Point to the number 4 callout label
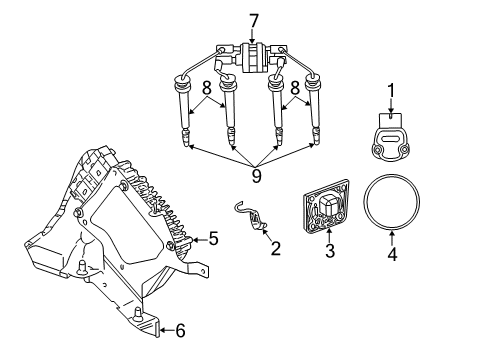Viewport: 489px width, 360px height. coord(393,254)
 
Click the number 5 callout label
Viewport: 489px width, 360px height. coord(212,239)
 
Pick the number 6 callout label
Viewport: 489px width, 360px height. coord(181,329)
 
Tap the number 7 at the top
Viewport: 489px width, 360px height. coord(254,19)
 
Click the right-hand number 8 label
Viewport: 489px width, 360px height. coord(295,88)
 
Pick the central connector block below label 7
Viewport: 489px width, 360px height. coord(254,53)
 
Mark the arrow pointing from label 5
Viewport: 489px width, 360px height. coord(196,239)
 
